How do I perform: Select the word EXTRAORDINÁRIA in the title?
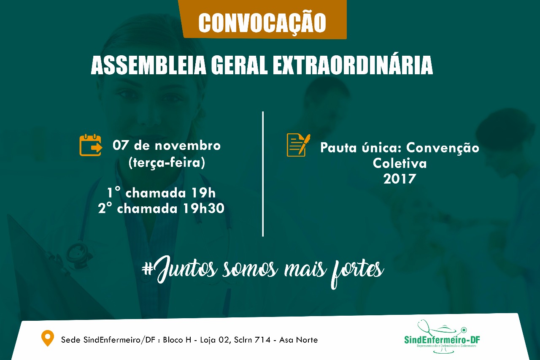353,65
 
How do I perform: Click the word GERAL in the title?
239,65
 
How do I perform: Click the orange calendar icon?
91,145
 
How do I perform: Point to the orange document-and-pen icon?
298,145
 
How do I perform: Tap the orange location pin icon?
48,338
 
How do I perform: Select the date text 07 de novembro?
167,146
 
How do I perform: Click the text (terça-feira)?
167,162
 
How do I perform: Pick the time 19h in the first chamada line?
203,193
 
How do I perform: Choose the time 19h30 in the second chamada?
204,208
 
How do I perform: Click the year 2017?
400,179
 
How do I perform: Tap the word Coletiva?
400,163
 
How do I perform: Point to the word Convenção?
443,148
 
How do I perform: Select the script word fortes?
357,273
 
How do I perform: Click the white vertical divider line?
263,174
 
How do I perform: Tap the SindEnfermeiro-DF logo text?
442,340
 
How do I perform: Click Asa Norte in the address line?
298,340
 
